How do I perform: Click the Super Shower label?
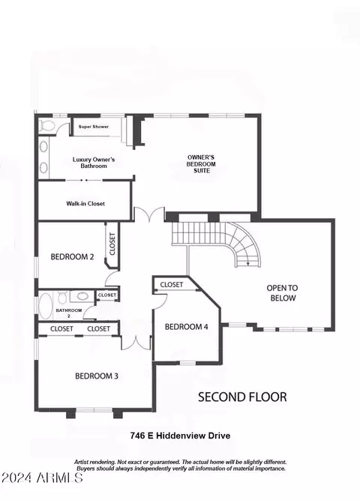(94, 127)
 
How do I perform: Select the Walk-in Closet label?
(85, 203)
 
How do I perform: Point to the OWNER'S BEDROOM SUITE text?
(202, 164)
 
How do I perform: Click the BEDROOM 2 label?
(73, 256)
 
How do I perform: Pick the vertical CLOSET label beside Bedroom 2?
(112, 244)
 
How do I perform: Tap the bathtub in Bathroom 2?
(45, 306)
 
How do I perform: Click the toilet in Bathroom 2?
(62, 298)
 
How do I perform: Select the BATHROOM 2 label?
(68, 313)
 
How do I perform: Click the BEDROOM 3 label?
(97, 376)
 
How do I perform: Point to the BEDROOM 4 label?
(187, 327)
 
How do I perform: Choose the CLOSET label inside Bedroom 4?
(172, 284)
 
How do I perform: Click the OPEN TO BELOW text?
(282, 293)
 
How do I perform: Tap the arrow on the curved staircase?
(248, 262)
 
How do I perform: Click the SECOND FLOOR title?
(242, 397)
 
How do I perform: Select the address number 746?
(137, 436)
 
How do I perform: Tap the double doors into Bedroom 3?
(136, 343)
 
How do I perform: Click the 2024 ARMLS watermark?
(42, 478)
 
